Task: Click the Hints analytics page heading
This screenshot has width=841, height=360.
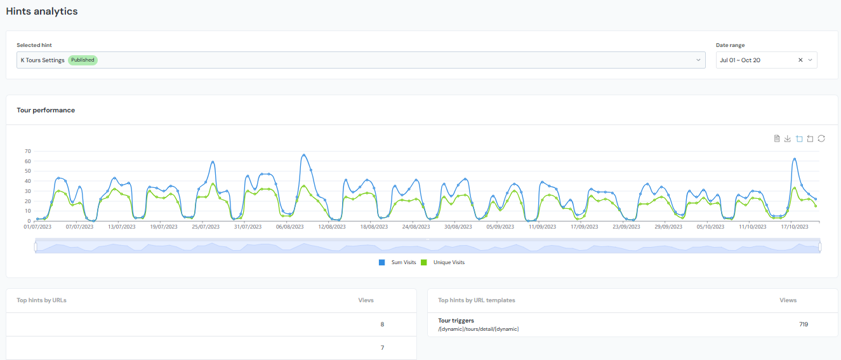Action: (x=41, y=11)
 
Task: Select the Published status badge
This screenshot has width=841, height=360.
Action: (x=83, y=60)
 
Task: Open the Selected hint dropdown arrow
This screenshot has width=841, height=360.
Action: (x=698, y=60)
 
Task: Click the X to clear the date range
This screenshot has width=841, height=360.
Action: (x=800, y=60)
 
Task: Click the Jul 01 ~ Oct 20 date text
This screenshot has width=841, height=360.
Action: (x=739, y=60)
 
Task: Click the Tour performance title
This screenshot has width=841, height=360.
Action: (x=46, y=110)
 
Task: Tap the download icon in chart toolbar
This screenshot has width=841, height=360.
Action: (x=788, y=138)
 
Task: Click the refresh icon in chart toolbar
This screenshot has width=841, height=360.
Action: (x=821, y=138)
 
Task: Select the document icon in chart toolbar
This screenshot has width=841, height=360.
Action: (x=777, y=138)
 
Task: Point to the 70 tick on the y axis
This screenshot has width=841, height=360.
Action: (x=28, y=151)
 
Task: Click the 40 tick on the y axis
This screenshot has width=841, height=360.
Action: (x=28, y=181)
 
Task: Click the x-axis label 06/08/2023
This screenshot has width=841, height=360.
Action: (x=289, y=226)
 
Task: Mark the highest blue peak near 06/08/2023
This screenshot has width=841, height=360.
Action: (x=304, y=155)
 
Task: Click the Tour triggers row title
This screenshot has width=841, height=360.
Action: (x=456, y=321)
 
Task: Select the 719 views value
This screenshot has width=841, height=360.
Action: (x=804, y=324)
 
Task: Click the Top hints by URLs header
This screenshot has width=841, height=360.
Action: (x=41, y=300)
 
